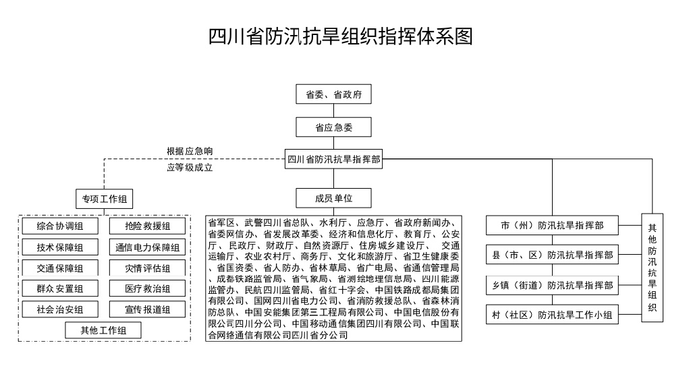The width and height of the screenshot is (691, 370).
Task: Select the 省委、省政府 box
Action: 334,95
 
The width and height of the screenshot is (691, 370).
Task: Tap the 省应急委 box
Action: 334,127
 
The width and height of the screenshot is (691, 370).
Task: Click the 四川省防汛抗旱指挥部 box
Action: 334,160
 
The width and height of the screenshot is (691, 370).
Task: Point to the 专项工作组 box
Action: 104,199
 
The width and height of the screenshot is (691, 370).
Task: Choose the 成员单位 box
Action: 334,198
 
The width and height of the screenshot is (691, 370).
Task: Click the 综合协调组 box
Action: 60,226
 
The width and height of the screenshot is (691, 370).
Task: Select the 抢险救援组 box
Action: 147,226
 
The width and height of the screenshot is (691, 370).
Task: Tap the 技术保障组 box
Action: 60,247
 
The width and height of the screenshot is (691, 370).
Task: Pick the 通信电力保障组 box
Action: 147,247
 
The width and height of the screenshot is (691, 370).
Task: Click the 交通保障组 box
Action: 60,269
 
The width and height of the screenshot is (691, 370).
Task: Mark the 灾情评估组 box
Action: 147,269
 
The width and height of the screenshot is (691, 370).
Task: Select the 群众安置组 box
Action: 60,289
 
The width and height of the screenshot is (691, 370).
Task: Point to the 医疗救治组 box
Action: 147,289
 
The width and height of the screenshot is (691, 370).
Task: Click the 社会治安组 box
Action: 60,310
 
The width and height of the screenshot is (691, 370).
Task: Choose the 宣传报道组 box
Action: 147,310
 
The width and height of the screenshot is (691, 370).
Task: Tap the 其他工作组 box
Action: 103,330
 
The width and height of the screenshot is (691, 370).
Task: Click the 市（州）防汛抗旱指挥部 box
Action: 552,226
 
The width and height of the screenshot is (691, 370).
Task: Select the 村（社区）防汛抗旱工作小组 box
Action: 552,315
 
